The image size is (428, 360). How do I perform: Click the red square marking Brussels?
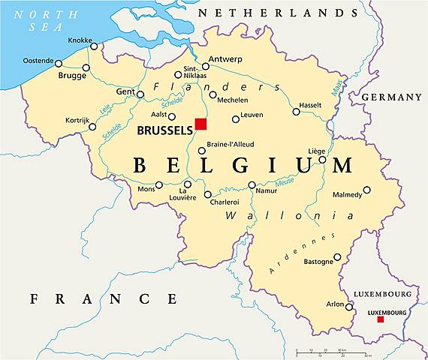click(200, 124)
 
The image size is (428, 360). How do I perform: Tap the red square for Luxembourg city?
click(380, 319)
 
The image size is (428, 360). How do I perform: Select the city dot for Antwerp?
click(205, 66)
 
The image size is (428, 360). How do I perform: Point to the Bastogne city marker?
click(337, 256)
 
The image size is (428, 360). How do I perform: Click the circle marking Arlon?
click(349, 306)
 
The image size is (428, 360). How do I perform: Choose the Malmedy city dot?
click(366, 190)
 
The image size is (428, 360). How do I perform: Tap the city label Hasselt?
click(310, 105)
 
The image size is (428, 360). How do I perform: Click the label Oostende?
click(38, 61)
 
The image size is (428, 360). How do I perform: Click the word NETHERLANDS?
click(278, 13)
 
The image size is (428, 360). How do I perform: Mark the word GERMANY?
click(391, 97)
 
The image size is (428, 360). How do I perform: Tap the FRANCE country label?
click(104, 298)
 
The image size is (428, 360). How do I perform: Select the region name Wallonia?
click(279, 216)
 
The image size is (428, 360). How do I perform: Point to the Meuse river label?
click(285, 180)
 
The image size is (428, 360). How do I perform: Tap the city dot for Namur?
click(252, 184)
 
